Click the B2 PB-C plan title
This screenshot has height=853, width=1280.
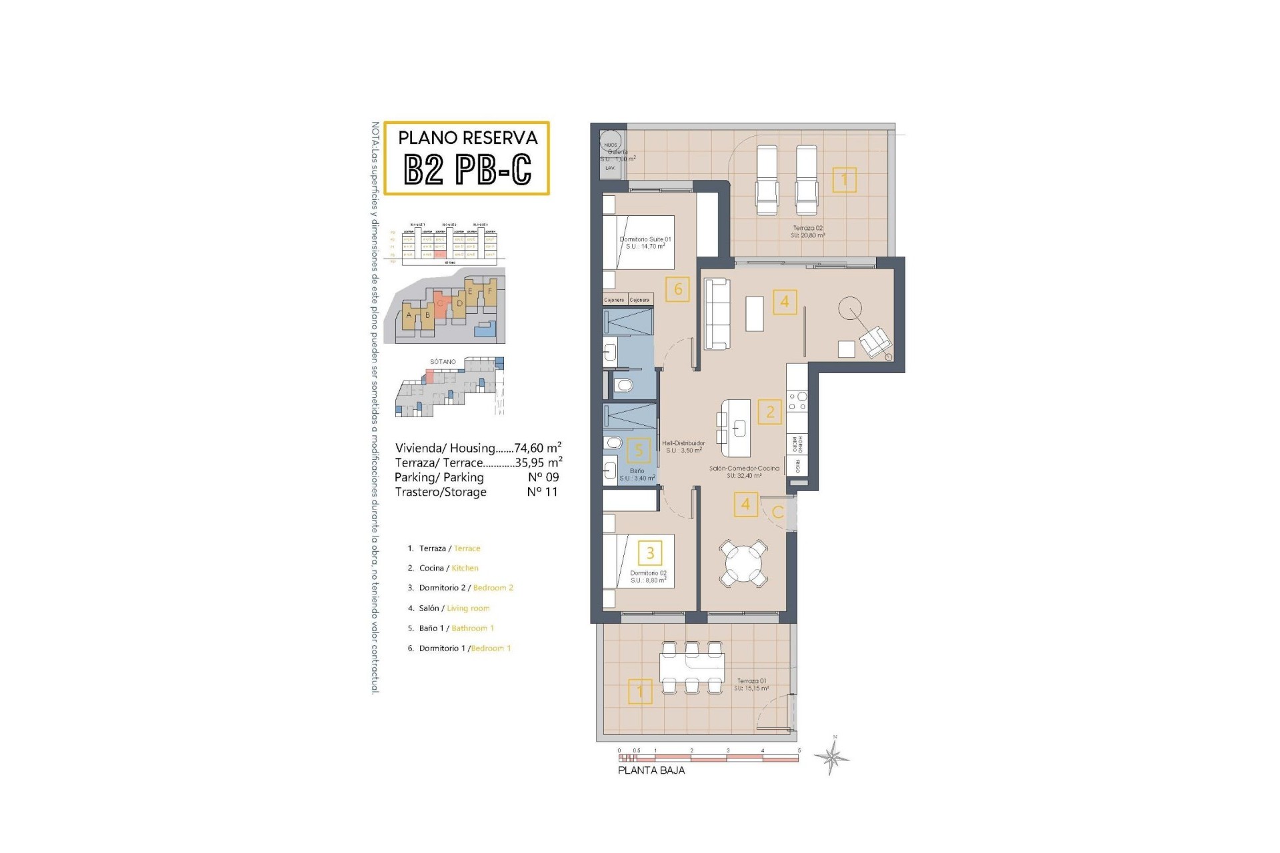pyautogui.click(x=467, y=170)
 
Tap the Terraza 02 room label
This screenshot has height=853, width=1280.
pyautogui.click(x=807, y=231)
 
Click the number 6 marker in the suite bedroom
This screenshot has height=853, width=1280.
pyautogui.click(x=677, y=289)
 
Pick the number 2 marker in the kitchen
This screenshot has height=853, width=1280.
pyautogui.click(x=770, y=412)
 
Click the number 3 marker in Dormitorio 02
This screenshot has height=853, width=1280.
pyautogui.click(x=650, y=552)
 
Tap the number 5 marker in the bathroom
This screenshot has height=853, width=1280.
pyautogui.click(x=638, y=451)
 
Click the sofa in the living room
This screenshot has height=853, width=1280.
pyautogui.click(x=717, y=313)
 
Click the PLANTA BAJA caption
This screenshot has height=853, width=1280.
pyautogui.click(x=651, y=770)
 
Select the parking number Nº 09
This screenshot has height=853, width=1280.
pyautogui.click(x=543, y=477)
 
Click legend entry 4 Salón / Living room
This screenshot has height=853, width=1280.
pyautogui.click(x=449, y=608)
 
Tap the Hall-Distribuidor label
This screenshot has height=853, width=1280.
pyautogui.click(x=683, y=446)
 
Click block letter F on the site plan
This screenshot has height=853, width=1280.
pyautogui.click(x=490, y=291)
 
